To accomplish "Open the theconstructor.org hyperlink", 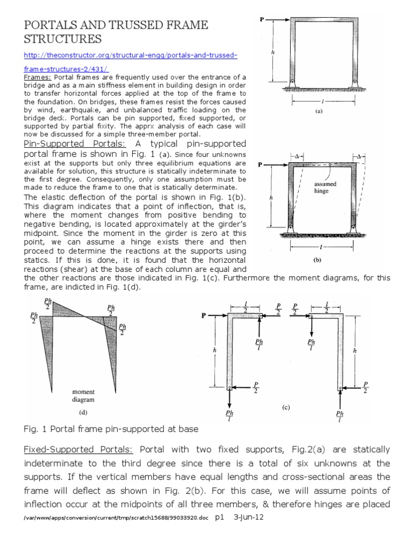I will tap(131, 56).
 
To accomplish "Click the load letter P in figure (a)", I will tap(262, 20).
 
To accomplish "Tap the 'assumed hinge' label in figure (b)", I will tap(325, 187).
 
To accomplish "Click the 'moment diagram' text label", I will tap(83, 395).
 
